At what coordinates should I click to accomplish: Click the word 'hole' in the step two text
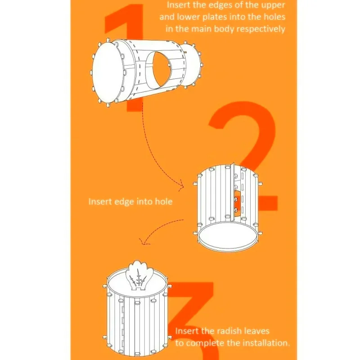pos(164,201)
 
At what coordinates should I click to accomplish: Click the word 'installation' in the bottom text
pos(265,343)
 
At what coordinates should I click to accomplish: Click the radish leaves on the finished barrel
pos(138,275)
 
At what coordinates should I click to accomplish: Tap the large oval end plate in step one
pos(108,73)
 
